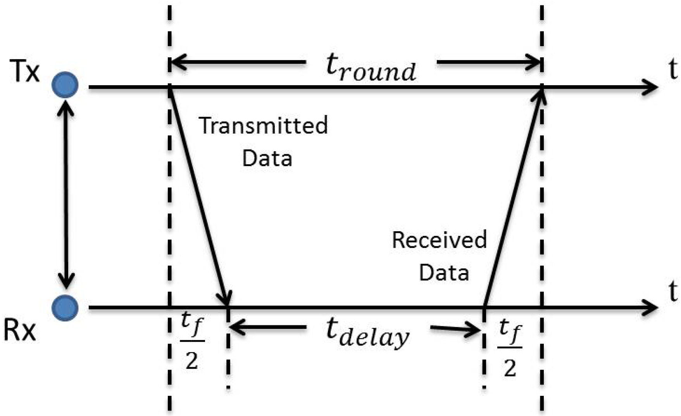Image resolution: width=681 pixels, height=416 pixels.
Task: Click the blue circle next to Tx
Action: tap(65, 85)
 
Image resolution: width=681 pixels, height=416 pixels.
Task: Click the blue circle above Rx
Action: tap(65, 308)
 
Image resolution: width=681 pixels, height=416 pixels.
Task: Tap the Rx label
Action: tap(19, 331)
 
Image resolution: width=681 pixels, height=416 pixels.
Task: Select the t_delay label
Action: tap(367, 334)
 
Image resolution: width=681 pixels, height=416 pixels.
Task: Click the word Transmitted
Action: tap(263, 125)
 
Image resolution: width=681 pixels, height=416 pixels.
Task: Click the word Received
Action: tap(439, 240)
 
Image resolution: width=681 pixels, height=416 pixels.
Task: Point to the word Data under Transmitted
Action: tap(267, 158)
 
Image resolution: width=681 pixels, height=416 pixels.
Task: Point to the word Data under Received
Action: tap(444, 272)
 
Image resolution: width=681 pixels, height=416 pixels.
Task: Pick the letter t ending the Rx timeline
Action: tap(673, 291)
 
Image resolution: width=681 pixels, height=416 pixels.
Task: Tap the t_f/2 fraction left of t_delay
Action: tap(192, 341)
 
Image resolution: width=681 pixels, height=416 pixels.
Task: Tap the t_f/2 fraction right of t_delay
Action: tap(510, 348)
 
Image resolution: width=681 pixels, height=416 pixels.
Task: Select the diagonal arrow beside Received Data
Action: tap(513, 198)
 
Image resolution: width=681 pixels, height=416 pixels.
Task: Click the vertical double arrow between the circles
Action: tap(66, 196)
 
